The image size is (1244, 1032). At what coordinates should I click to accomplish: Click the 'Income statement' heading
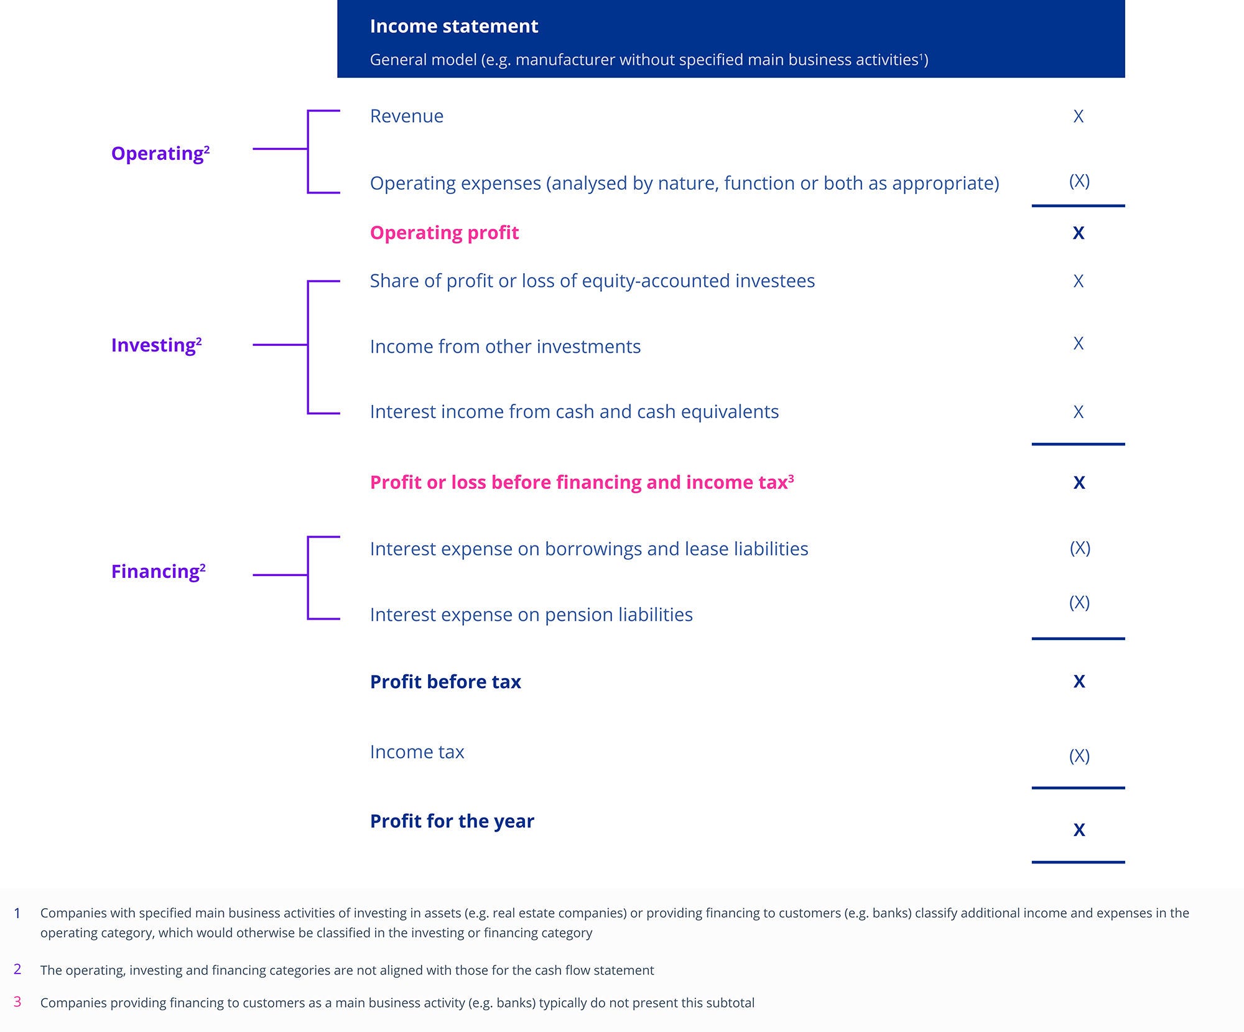coord(453,26)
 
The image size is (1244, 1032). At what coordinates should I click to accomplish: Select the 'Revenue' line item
coord(406,116)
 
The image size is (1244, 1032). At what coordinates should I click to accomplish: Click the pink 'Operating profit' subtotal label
coord(444,233)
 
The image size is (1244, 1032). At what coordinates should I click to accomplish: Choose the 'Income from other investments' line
coord(505,346)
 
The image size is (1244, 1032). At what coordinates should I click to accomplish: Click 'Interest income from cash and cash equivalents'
coord(574,412)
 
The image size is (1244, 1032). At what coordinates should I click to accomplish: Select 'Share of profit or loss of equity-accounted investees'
coord(592,281)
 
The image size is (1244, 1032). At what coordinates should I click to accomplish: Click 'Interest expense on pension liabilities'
coord(531,615)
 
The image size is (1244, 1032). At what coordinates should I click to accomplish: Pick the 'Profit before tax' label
coord(445,682)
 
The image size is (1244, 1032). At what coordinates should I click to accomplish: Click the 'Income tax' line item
coord(417,752)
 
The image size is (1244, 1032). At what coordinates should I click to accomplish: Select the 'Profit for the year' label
coord(452,821)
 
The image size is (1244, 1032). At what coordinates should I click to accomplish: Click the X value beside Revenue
coord(1079,116)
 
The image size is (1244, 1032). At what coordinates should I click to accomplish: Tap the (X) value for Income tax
coord(1079,756)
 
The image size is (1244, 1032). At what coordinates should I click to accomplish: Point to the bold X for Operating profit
coord(1079,233)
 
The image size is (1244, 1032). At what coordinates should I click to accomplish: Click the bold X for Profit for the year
coord(1079,830)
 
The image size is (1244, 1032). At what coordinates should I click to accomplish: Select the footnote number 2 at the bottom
coord(17,969)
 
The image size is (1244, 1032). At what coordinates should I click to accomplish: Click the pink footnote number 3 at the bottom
coord(17,1002)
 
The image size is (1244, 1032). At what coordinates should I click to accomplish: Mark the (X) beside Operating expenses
coord(1079,181)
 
